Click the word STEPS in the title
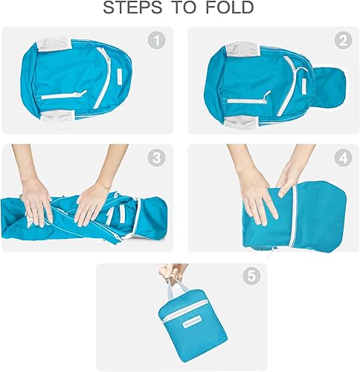coord(134,9)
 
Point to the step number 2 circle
coord(342,41)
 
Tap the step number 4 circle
coord(342,158)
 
